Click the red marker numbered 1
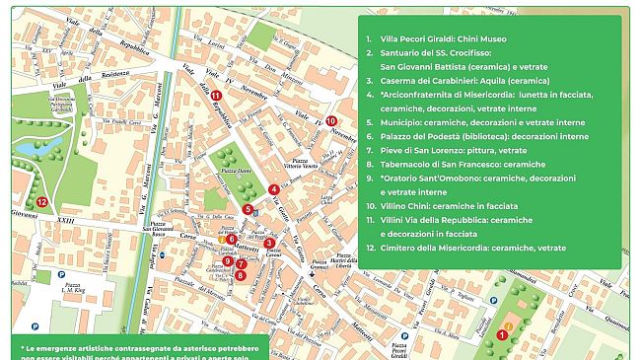tap(502, 334)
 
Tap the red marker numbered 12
tap(41, 201)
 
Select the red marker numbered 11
tap(215, 95)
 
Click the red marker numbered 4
tap(272, 189)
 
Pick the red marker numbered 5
tap(249, 209)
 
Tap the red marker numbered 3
tap(269, 243)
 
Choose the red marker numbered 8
tap(242, 275)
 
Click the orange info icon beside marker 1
tap(509, 324)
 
